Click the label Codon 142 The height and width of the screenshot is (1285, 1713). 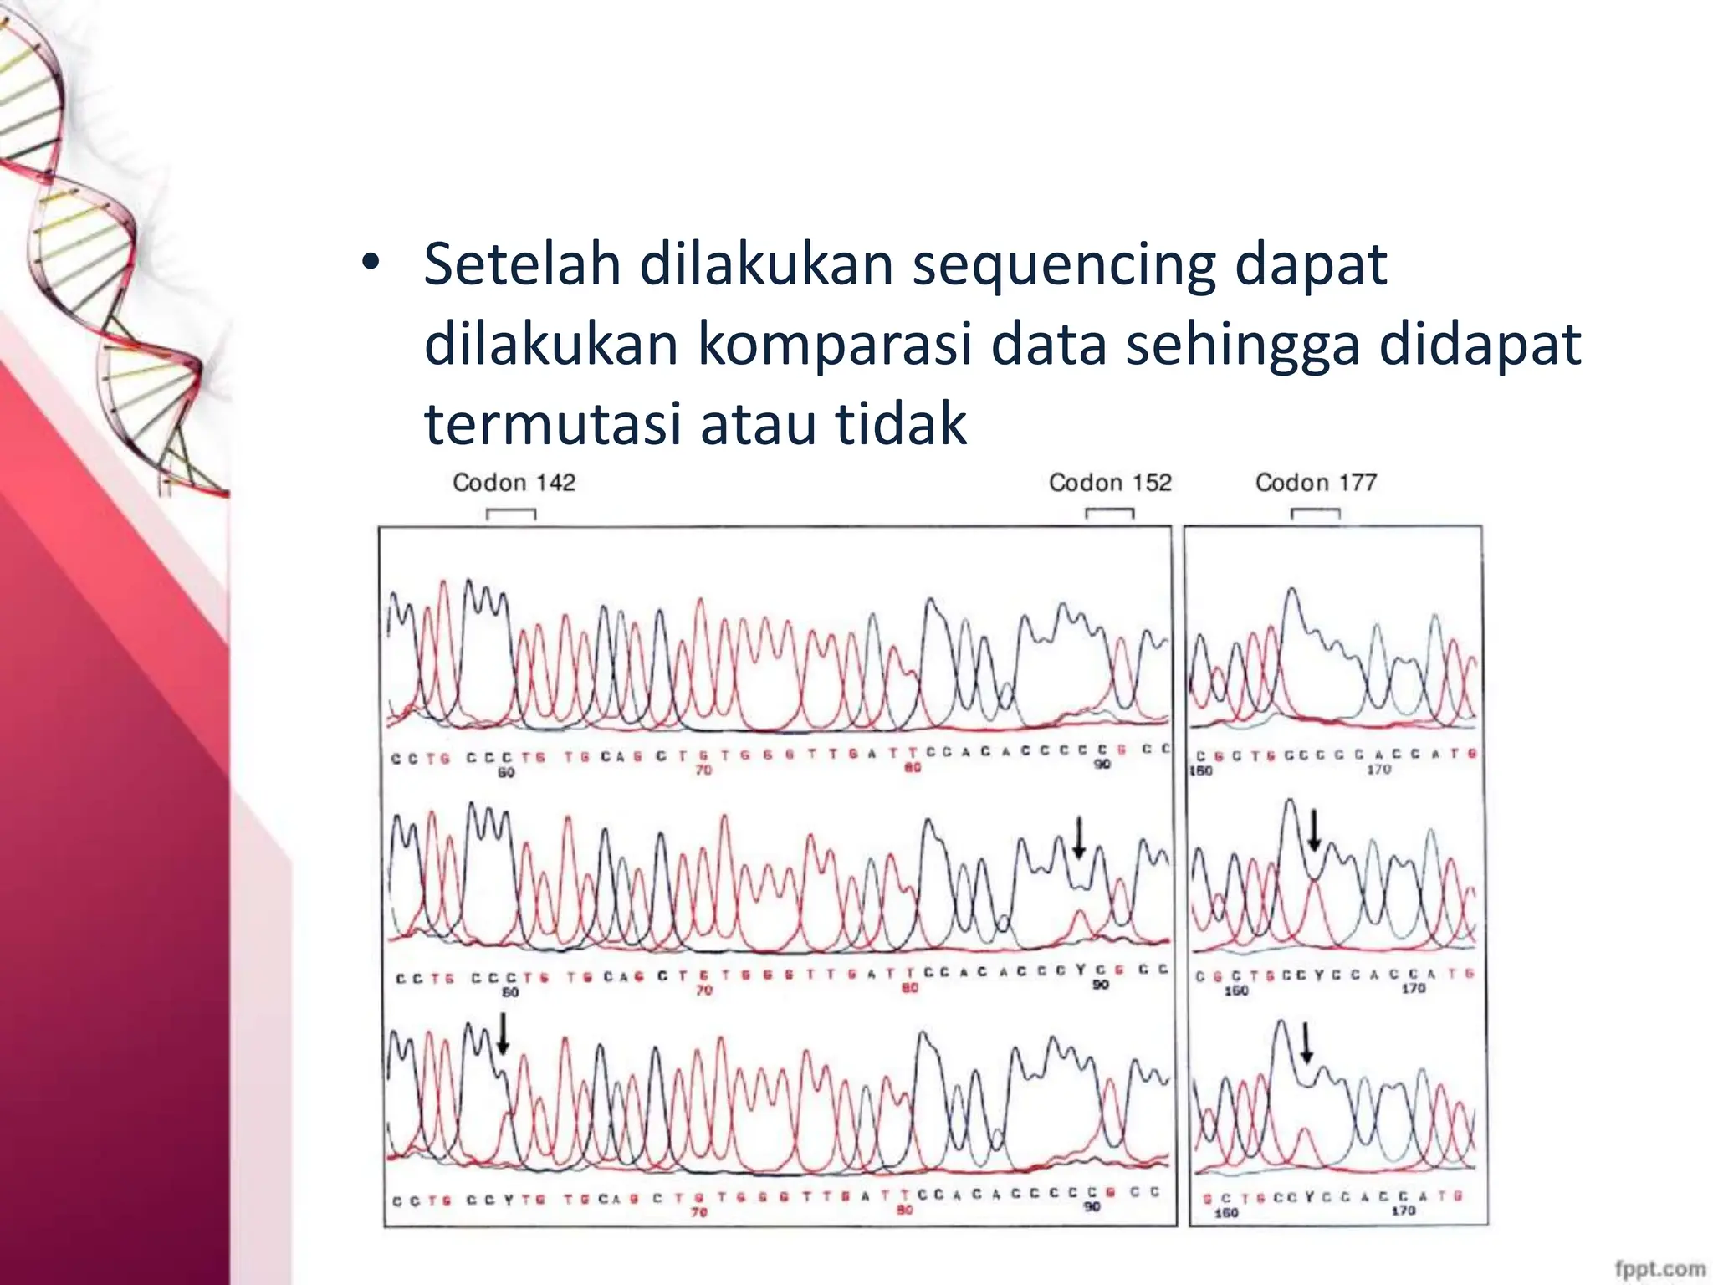point(514,483)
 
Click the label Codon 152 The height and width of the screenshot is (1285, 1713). point(1110,483)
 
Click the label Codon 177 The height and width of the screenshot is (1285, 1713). point(1316,483)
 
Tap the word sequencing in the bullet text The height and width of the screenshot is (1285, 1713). point(1063,266)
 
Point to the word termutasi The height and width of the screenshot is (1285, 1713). point(553,423)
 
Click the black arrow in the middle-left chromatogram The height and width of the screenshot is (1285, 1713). point(1079,837)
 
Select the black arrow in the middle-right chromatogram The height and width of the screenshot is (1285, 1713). point(1314,829)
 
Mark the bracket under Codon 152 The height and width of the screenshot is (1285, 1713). point(1110,513)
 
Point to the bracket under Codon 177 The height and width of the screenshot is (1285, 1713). point(1315,513)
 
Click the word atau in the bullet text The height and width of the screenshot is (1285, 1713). point(757,423)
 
